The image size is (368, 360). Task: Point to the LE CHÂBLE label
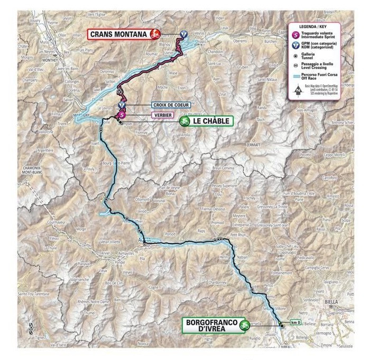[211, 121]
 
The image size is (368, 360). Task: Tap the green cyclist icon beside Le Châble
[185, 121]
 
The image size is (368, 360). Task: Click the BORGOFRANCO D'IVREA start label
[210, 325]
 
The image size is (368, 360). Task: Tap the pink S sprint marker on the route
[122, 113]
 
